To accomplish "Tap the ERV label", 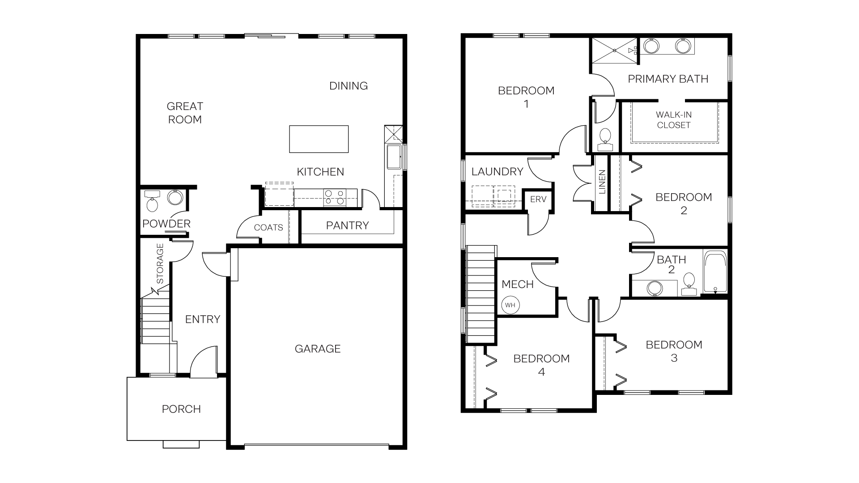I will coord(538,199).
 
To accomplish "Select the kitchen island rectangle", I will coord(319,139).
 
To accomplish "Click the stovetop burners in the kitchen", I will coord(335,198).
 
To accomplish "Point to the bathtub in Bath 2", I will coord(715,272).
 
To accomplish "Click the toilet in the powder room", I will coord(152,203).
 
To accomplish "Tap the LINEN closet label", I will coord(602,182).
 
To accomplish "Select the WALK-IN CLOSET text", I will coord(674,120).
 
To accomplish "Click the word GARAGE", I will coord(318,349).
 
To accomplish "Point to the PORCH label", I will coord(181,409).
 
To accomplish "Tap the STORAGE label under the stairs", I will coord(160,263).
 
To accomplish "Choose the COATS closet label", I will coord(268,228).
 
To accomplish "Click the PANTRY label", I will coord(347,225).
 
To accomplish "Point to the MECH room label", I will coord(518,284).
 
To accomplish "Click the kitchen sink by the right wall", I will coord(394,157).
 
